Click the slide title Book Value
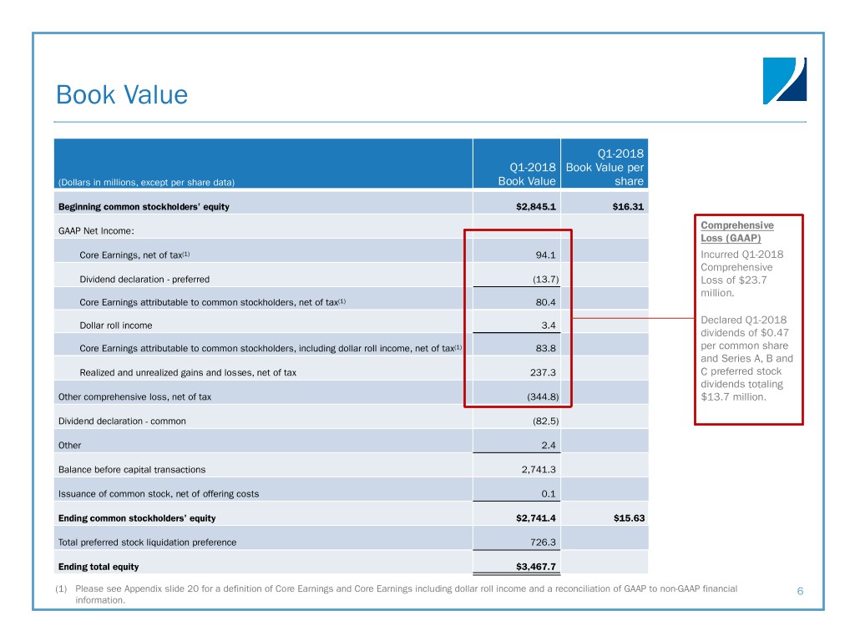122,95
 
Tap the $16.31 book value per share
628,207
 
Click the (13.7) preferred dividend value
544,279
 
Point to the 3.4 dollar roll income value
551,325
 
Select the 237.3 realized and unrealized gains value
545,373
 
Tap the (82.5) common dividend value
544,421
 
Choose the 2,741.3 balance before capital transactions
539,470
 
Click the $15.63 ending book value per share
628,518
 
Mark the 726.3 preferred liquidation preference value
545,543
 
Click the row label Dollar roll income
115,326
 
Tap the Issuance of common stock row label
158,494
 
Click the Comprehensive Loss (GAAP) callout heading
737,231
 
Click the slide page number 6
799,592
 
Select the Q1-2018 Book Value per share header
605,168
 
